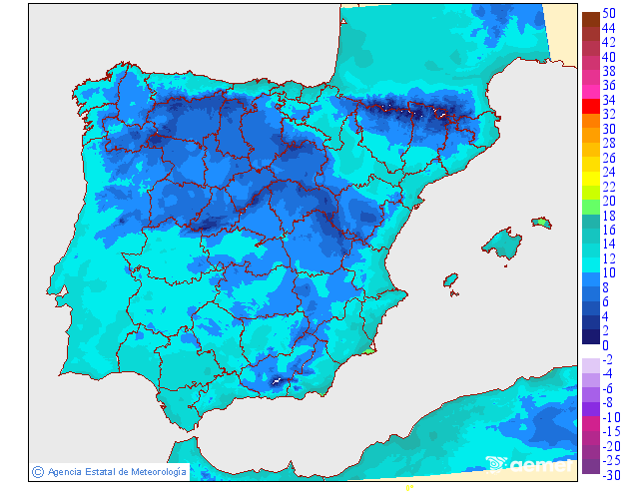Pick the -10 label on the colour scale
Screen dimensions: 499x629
click(x=609, y=417)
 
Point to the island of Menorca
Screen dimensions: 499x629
click(x=541, y=222)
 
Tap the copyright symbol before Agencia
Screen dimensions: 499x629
click(x=37, y=471)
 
